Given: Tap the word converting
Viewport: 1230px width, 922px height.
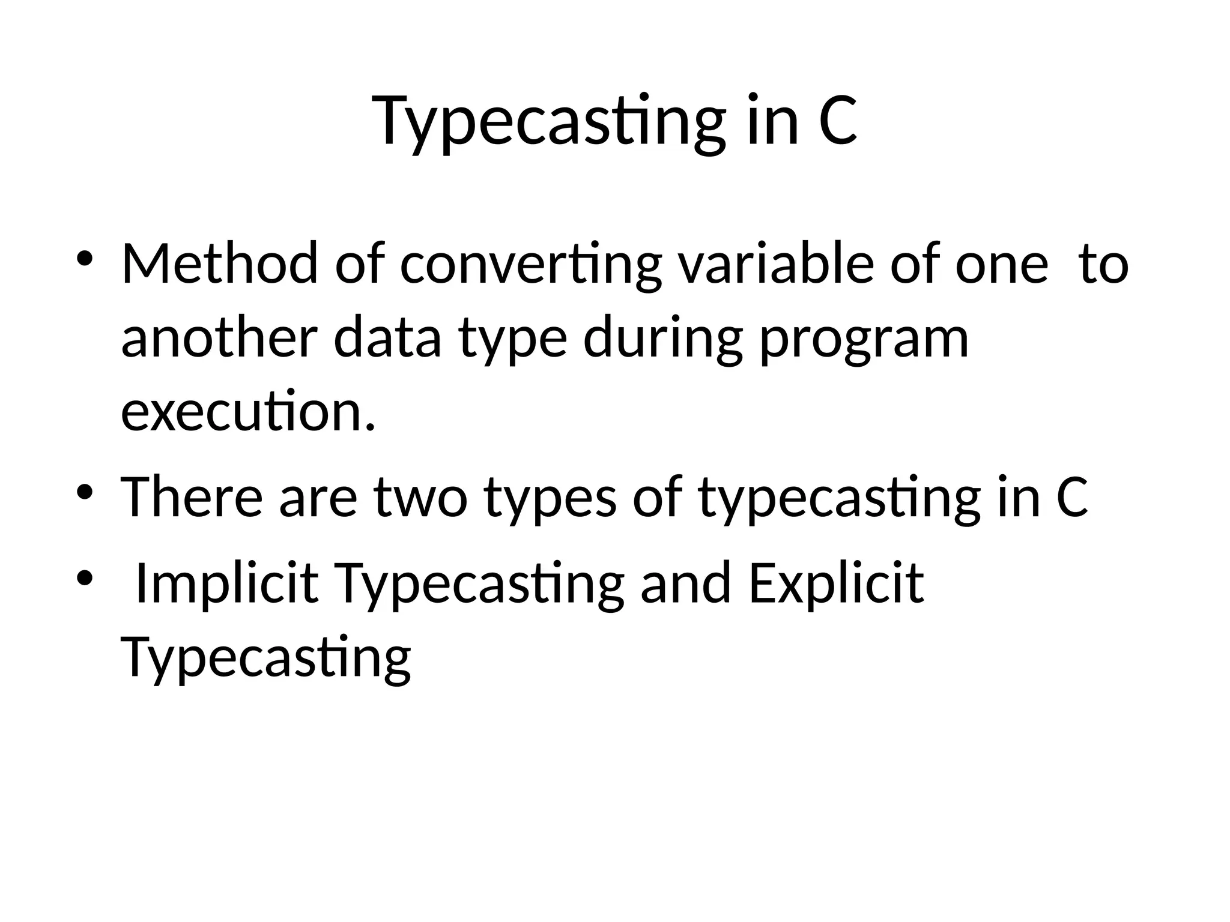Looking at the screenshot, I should point(530,264).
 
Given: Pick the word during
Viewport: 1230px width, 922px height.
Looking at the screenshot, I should point(663,339).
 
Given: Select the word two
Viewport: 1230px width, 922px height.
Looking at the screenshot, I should point(421,498).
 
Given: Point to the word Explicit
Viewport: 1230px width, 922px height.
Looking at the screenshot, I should point(836,583).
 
